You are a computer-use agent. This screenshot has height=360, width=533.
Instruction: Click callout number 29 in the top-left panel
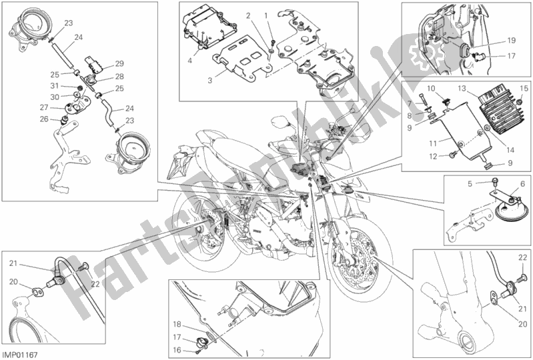point(119,63)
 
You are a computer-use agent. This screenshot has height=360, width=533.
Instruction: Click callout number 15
point(524,88)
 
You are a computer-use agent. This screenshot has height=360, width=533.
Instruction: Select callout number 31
point(55,87)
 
